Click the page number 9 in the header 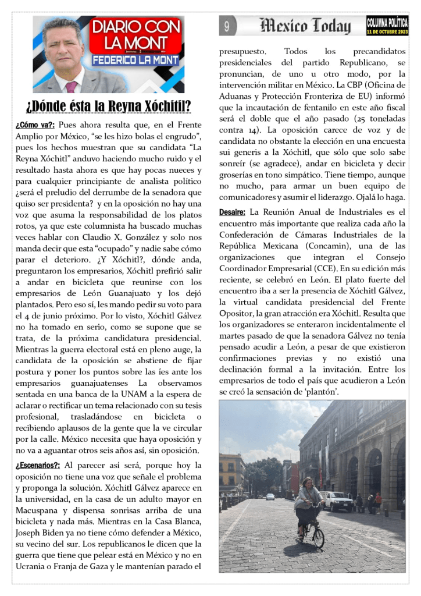227,26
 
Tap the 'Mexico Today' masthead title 306,26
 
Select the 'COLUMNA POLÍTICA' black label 387,23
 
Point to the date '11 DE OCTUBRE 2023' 387,31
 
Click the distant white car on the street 270,496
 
